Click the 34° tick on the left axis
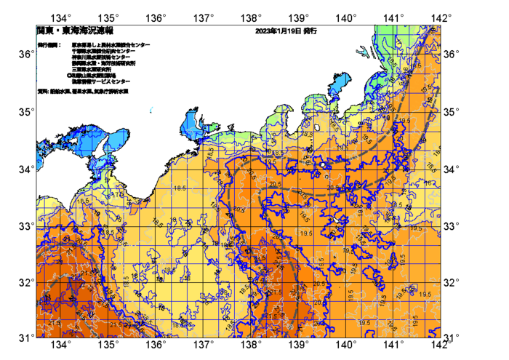[35, 169]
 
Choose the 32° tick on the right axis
[440, 281]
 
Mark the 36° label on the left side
[24, 55]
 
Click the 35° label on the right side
[452, 112]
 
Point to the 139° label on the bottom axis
[298, 345]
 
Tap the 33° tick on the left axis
[35, 225]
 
